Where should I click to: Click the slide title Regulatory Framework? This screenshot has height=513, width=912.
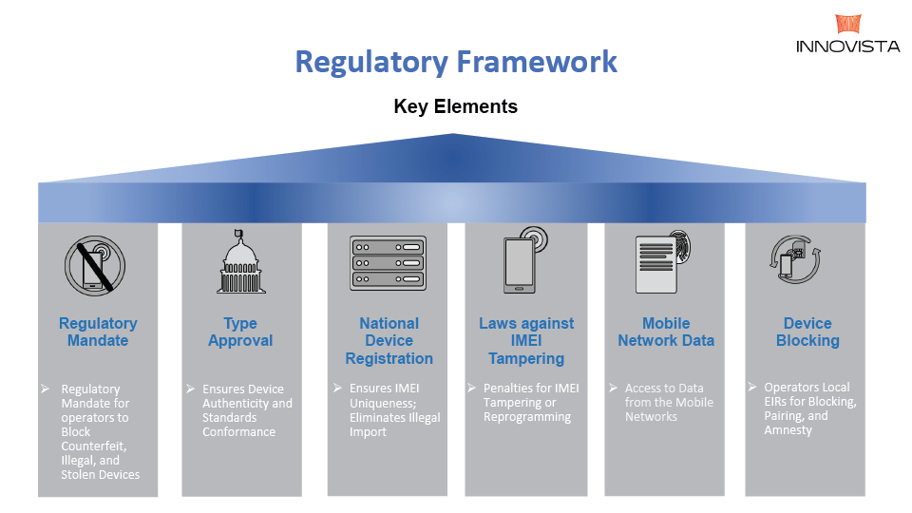456,62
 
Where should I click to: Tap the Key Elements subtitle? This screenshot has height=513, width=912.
456,106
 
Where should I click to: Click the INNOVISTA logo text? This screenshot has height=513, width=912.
848,46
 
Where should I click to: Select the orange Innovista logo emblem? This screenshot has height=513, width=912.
848,24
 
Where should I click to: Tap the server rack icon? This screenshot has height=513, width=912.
389,263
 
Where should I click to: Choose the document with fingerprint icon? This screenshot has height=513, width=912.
665,261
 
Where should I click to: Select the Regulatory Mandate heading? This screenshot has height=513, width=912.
98,332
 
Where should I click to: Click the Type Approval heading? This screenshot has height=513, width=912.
240,332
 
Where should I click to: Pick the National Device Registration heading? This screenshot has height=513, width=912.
389,340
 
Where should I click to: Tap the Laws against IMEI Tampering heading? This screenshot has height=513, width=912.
526,340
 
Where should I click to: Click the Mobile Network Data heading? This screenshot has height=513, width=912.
666,332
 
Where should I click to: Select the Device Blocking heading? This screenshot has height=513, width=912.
807,332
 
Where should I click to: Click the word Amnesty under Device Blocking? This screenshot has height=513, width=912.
788,430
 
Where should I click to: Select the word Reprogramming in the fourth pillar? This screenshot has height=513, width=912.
527,416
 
